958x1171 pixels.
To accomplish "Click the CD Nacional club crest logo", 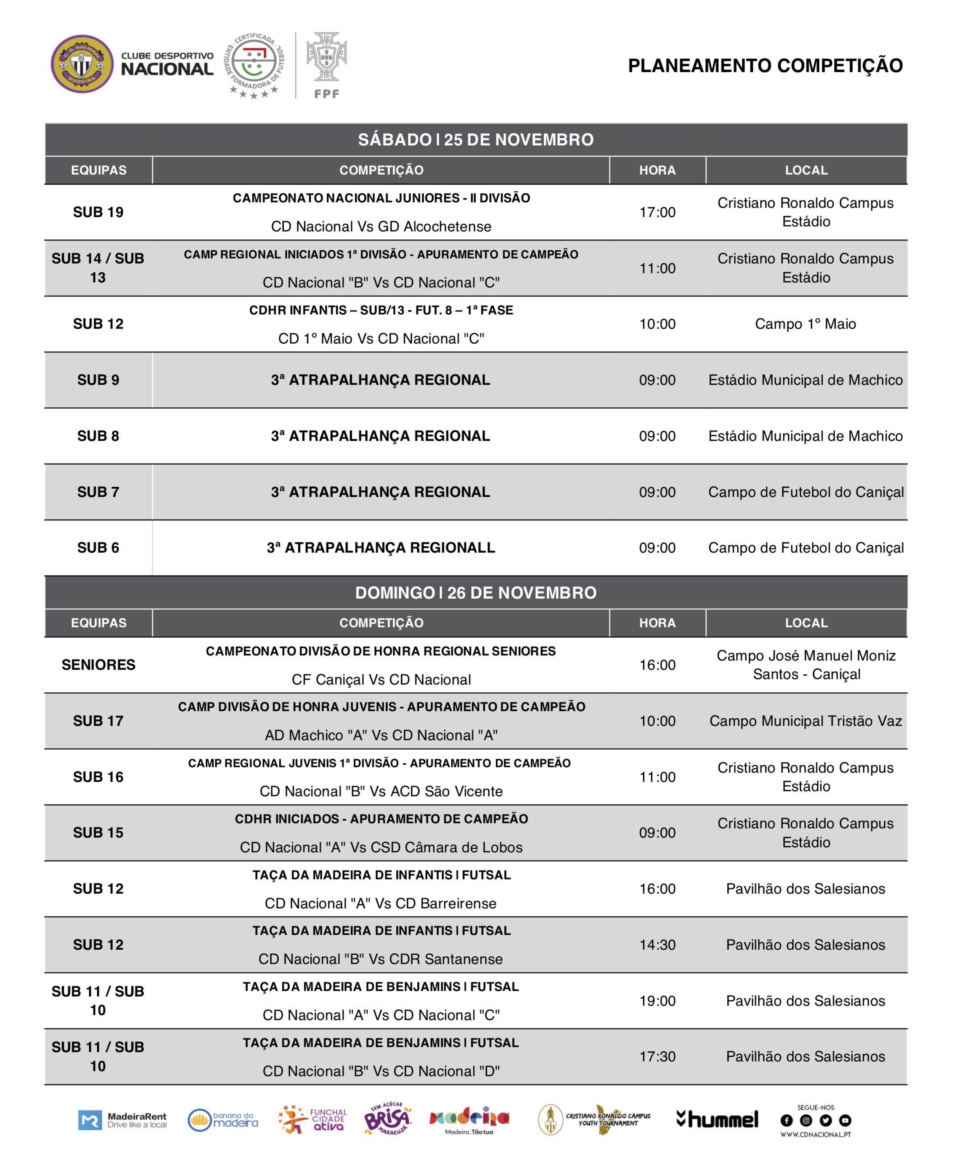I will pos(82,64).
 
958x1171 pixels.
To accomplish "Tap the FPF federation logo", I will pos(327,64).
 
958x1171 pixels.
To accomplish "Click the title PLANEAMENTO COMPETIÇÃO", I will pos(765,66).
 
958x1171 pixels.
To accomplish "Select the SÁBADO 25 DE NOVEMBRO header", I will pos(476,140).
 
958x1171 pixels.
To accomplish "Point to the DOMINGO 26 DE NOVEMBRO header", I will pos(476,593).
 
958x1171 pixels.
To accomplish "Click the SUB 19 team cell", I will pos(98,212).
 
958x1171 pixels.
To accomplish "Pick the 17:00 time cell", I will pos(657,212).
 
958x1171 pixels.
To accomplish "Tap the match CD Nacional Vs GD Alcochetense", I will pos(381,226).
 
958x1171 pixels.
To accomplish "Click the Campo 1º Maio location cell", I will pos(805,324).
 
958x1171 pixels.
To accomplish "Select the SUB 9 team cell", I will pos(98,380).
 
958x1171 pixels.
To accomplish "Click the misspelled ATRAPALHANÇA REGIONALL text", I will pos(381,548).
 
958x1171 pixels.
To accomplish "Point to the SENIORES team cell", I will pos(98,665).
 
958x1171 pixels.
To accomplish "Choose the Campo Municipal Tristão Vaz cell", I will pos(805,721).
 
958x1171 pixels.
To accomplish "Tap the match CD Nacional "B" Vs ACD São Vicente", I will pos(381,791).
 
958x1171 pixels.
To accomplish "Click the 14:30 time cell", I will pos(657,945).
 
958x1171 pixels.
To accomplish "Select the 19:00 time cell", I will pos(657,1000).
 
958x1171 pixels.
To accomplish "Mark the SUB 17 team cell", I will pos(98,721).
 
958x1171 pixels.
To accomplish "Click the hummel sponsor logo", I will pos(717,1119).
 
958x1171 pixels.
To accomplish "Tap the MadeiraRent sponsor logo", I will pos(123,1120).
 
